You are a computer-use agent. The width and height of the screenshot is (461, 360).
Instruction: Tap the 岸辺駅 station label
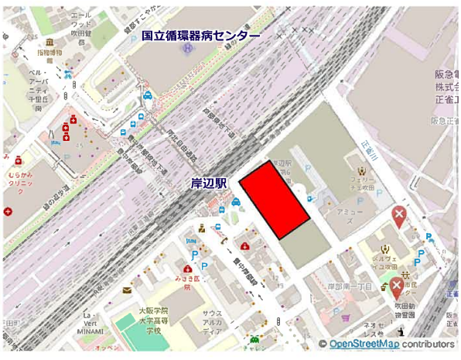(x=209, y=183)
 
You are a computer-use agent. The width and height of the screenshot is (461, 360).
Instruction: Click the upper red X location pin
(x=399, y=216)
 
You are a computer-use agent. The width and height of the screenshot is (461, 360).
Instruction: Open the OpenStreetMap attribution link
(x=364, y=344)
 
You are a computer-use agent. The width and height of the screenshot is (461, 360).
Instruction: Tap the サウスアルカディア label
(x=212, y=321)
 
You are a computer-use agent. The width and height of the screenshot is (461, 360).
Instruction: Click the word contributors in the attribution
(x=427, y=344)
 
